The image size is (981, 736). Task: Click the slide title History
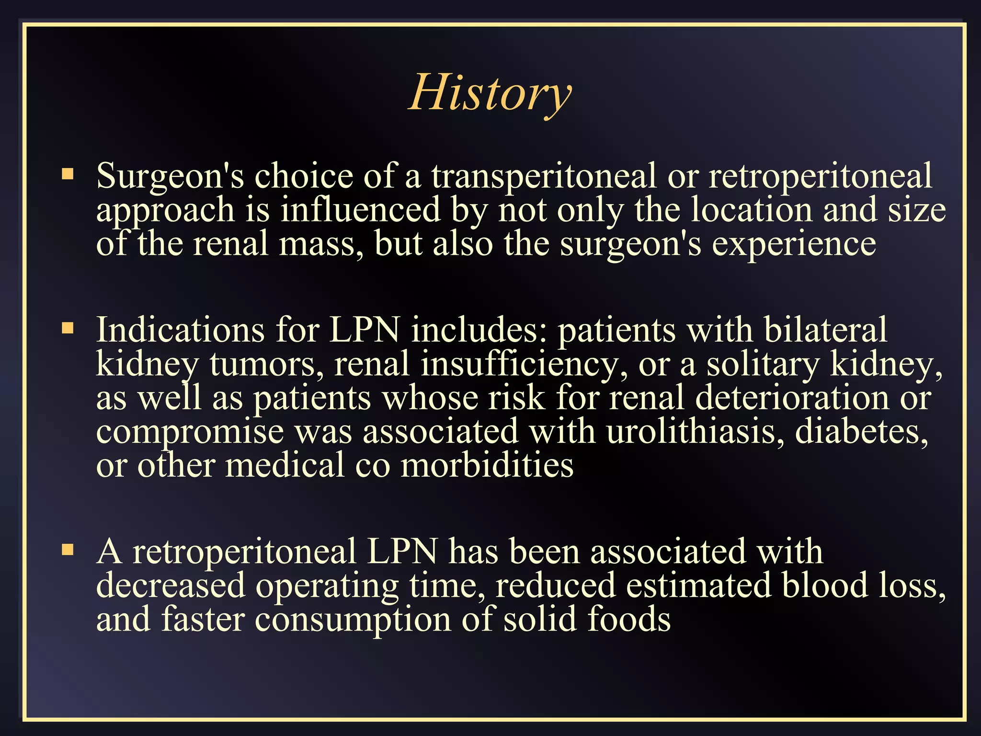click(490, 93)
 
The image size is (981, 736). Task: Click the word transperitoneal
click(544, 176)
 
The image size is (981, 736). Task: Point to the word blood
click(824, 585)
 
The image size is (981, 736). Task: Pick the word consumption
click(353, 620)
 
